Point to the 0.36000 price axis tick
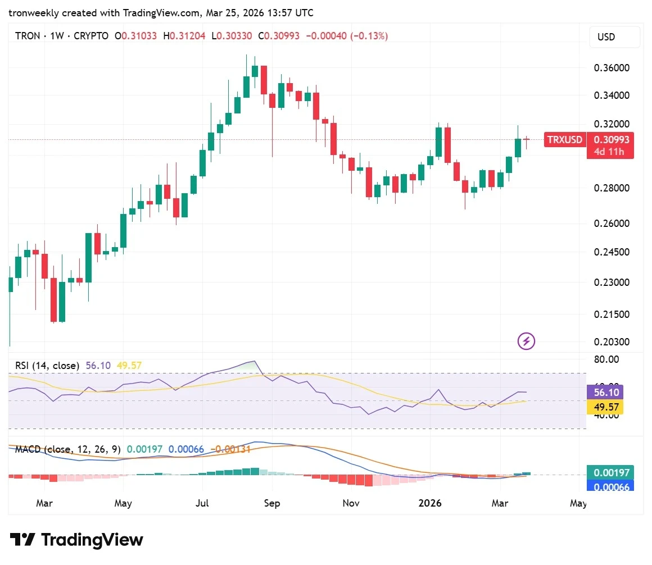tap(612, 68)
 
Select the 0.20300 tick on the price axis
tap(612, 341)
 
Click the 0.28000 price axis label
tap(612, 188)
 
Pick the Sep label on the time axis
tap(272, 503)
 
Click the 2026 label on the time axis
tap(430, 503)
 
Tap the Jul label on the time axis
tap(202, 503)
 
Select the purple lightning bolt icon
tap(527, 340)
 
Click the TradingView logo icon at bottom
tap(23, 540)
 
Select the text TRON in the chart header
tap(28, 36)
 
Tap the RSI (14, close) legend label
tap(47, 366)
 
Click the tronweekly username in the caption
tap(33, 13)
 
